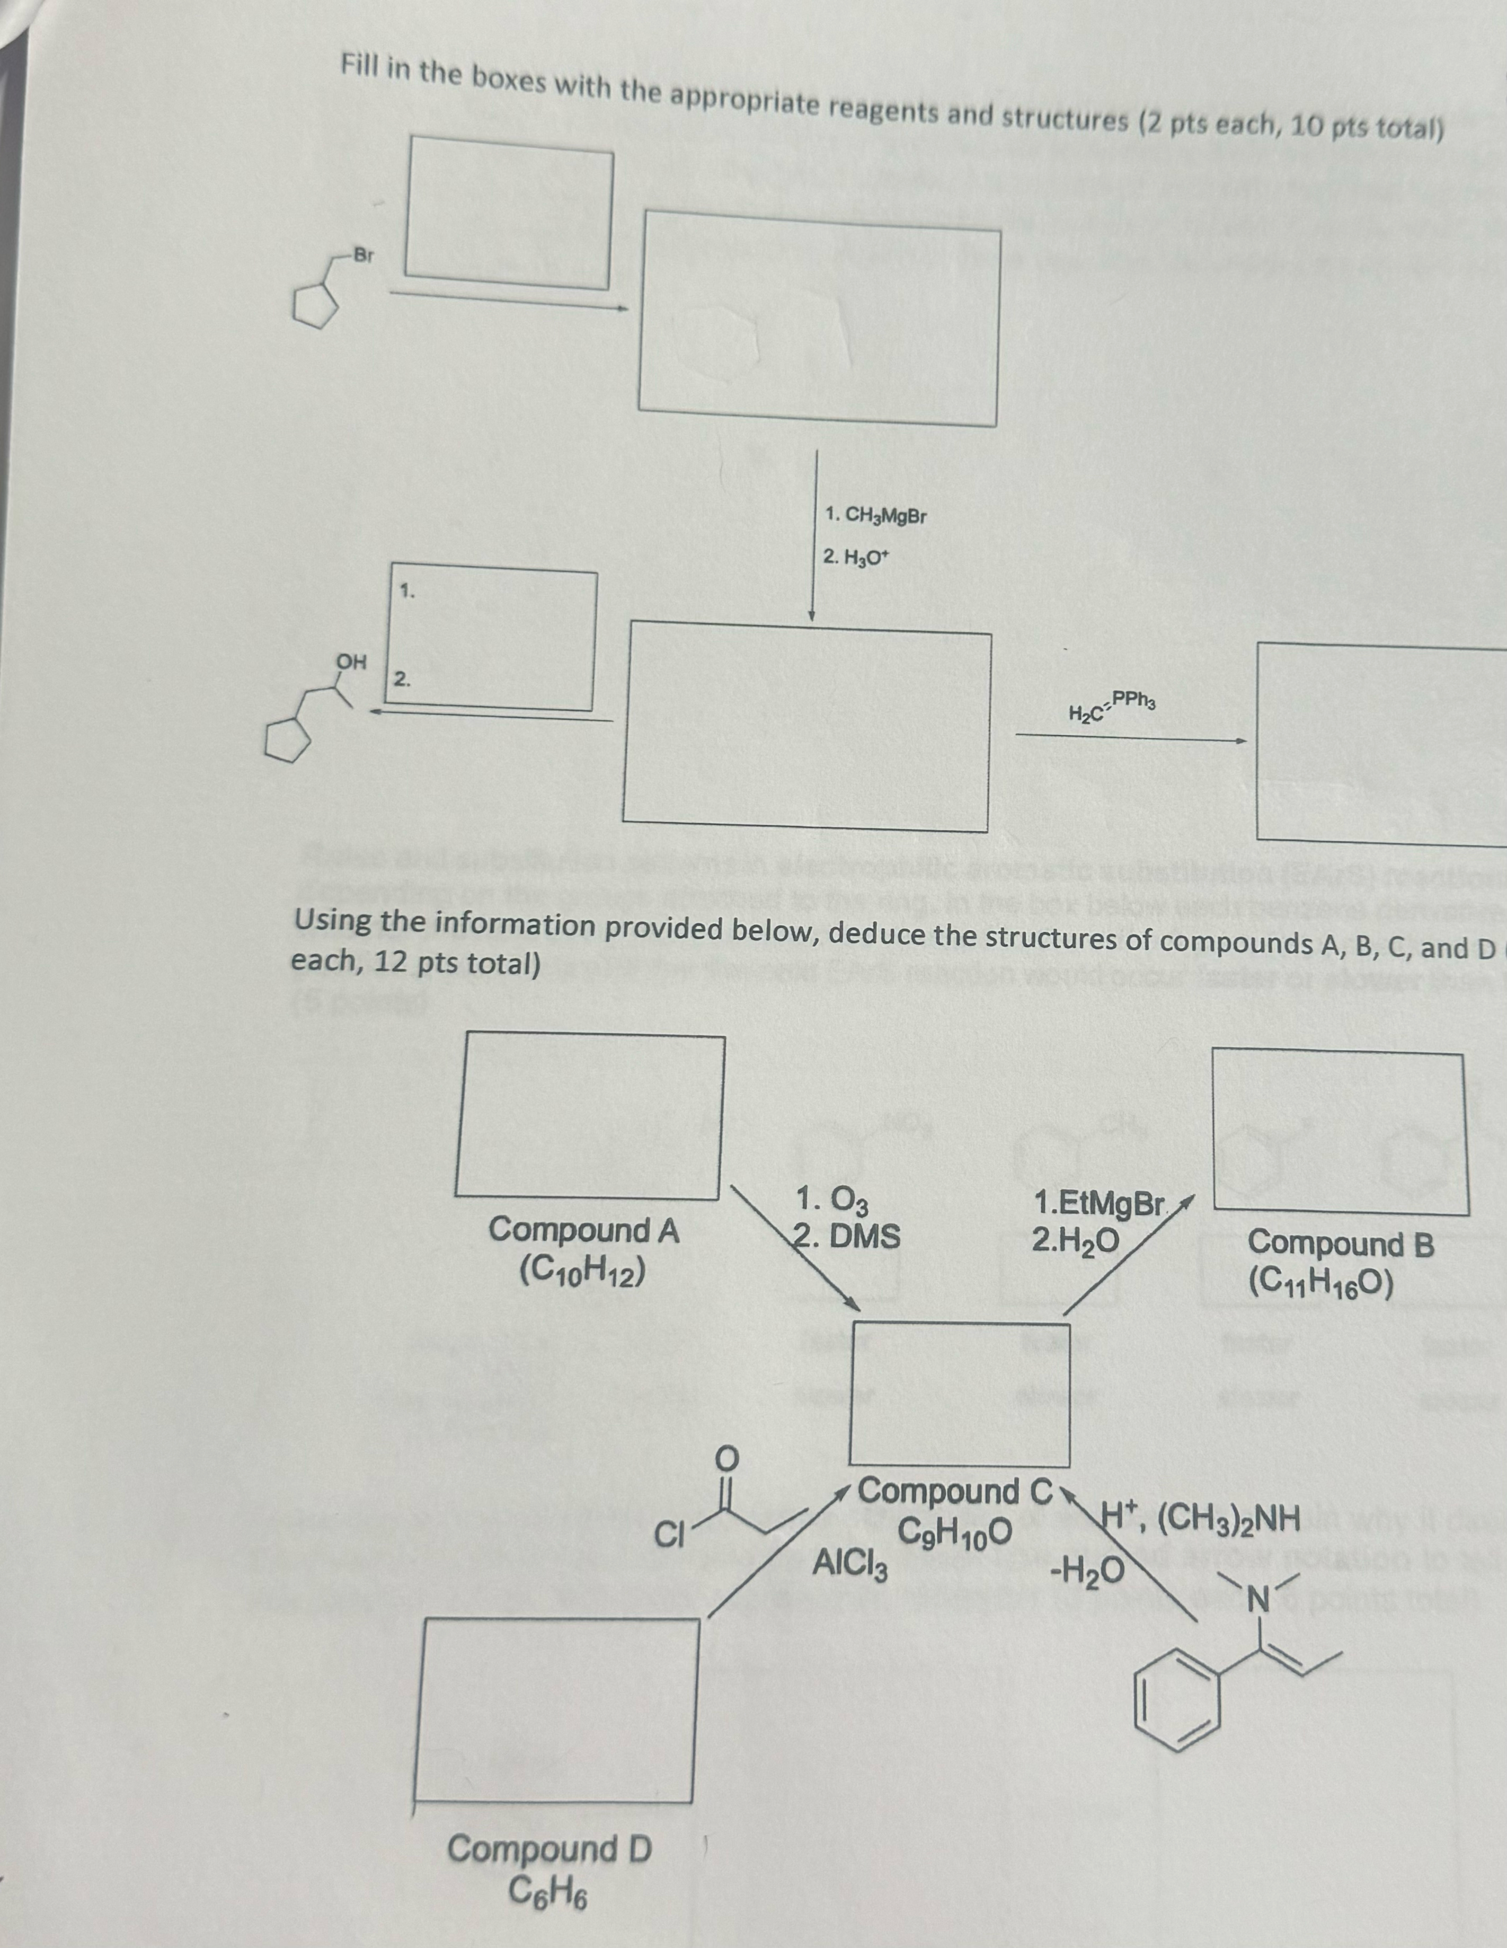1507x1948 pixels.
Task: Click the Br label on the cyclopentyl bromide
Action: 363,255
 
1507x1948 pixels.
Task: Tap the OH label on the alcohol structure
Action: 350,663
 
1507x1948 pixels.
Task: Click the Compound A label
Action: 583,1231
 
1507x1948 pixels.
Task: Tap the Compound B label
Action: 1340,1244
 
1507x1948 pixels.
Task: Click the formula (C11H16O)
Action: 1320,1282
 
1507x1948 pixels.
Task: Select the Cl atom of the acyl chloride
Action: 667,1534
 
